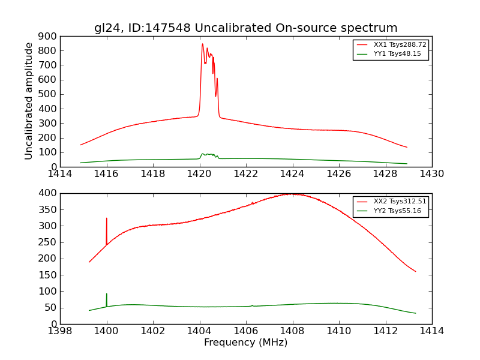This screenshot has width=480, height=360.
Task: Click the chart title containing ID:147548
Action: [x=245, y=28]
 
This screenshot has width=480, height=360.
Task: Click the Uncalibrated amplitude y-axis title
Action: [x=29, y=101]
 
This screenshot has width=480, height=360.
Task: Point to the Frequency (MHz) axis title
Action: [x=245, y=343]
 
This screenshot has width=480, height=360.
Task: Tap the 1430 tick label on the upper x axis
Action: [x=431, y=174]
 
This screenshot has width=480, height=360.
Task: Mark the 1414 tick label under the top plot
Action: [x=60, y=174]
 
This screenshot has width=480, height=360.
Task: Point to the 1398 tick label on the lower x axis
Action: [x=60, y=331]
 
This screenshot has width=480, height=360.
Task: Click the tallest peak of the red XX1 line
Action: [x=202, y=44]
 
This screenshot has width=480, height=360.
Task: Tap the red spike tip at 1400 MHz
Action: [x=107, y=218]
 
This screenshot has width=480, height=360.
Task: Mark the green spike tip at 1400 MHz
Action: [x=107, y=294]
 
